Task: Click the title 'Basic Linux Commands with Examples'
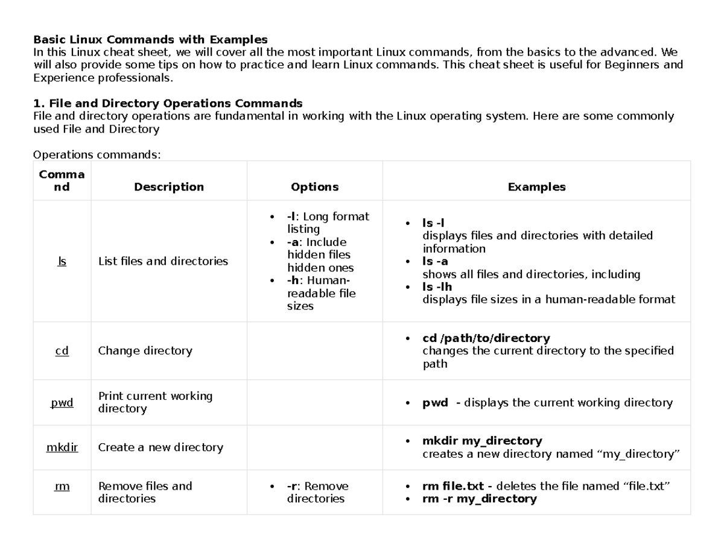point(150,40)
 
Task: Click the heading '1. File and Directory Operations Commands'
point(167,103)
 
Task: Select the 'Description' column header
point(169,187)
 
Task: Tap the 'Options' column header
point(314,187)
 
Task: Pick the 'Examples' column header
point(536,187)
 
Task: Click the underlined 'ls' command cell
point(62,261)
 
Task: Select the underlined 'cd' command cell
point(62,350)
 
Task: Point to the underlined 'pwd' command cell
point(62,402)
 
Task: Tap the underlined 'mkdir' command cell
point(62,447)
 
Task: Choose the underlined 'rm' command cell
point(62,486)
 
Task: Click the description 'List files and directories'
point(163,261)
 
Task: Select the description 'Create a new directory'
point(160,447)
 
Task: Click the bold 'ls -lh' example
point(437,287)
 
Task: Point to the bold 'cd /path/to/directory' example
point(486,338)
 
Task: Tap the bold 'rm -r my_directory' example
point(479,499)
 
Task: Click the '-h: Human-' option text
point(319,280)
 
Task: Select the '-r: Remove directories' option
point(317,493)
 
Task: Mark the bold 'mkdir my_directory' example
point(482,441)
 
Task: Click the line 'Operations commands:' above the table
point(97,155)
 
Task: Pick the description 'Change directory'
point(145,350)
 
